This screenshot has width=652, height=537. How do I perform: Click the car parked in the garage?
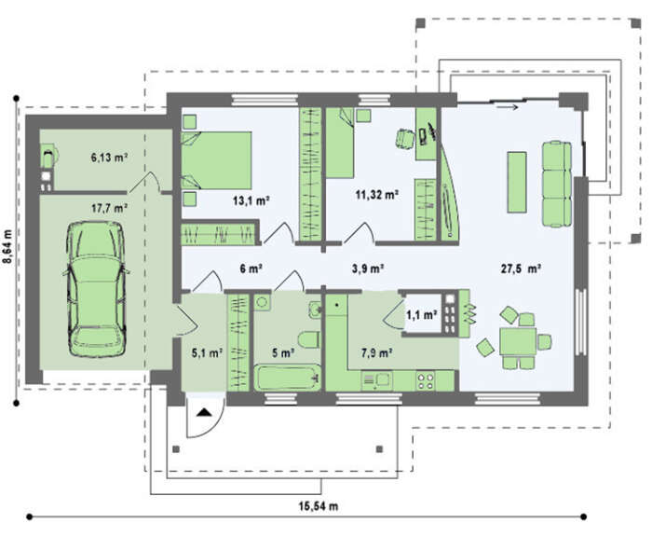[96, 289]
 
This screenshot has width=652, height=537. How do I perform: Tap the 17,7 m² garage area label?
[109, 208]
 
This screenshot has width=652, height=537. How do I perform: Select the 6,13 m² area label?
[109, 158]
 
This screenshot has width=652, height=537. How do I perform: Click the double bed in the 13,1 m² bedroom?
[217, 160]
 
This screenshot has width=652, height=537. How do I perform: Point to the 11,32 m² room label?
[377, 195]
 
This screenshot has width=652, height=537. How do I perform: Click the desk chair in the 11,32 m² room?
[405, 139]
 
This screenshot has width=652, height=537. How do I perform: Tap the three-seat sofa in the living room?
[557, 184]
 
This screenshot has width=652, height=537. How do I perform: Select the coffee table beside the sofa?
[516, 182]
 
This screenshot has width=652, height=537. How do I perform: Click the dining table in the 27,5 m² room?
[518, 341]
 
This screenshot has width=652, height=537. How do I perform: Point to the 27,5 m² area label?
[521, 268]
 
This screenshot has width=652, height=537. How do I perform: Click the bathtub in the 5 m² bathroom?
[287, 378]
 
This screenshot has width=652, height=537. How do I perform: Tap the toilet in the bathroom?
[309, 339]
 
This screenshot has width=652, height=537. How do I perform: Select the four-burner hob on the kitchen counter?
[426, 380]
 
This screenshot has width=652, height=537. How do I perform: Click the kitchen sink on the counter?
[377, 380]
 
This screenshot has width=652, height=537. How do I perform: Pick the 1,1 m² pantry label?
[422, 315]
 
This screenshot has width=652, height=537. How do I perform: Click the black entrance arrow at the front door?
[204, 412]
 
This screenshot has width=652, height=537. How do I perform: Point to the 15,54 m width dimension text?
[319, 506]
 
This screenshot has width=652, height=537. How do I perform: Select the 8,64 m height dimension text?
[7, 246]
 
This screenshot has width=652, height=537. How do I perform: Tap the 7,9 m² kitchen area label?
[377, 353]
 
